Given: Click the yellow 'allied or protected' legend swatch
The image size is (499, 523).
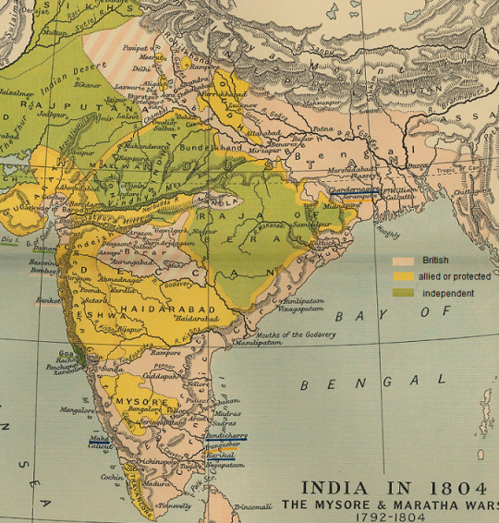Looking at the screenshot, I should point(403,276).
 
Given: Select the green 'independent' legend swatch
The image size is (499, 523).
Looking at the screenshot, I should point(403,293).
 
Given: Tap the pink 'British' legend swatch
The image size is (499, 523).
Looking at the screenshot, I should point(403,261).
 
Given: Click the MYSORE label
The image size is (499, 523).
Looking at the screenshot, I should point(141,402).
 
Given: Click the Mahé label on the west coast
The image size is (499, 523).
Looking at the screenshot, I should point(100,440).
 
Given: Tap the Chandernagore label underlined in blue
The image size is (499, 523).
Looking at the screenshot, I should point(350,189).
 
